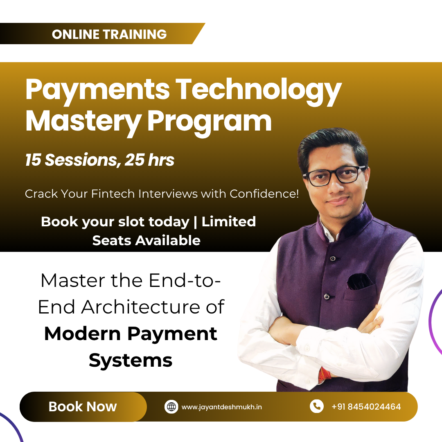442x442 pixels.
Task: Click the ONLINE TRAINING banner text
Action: [x=109, y=34]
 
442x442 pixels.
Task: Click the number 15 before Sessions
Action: [x=33, y=160]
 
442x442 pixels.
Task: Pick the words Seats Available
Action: [x=146, y=240]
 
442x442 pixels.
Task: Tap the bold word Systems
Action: [x=131, y=360]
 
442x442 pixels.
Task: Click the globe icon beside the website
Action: [x=171, y=407]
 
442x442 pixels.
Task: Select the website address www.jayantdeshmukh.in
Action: [x=222, y=407]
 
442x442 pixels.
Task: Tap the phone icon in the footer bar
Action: [x=316, y=406]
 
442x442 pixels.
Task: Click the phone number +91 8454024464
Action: [x=366, y=407]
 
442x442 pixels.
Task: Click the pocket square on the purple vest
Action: [x=359, y=281]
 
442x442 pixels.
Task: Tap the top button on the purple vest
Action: [x=333, y=258]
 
